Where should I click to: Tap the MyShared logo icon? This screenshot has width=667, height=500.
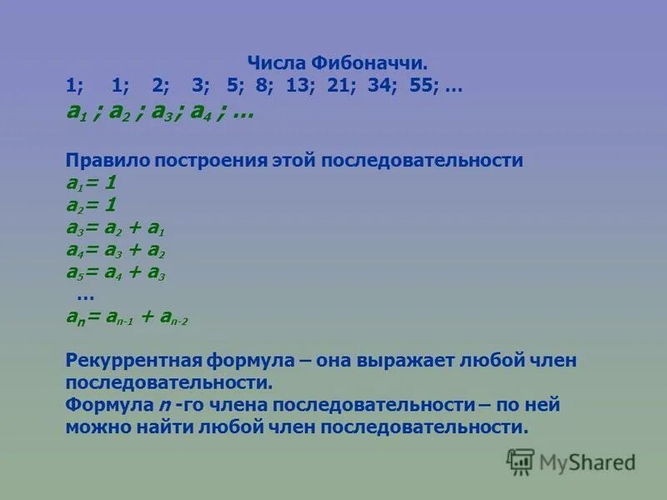521,462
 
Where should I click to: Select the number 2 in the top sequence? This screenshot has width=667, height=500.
158,86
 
